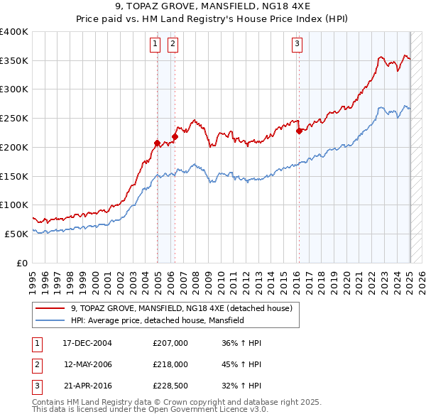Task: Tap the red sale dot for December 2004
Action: coord(157,143)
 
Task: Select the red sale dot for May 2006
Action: coord(175,136)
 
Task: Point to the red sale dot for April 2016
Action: coord(299,131)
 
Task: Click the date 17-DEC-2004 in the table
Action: coord(87,343)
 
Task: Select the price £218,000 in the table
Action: coord(170,365)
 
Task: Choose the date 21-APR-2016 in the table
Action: coord(87,387)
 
